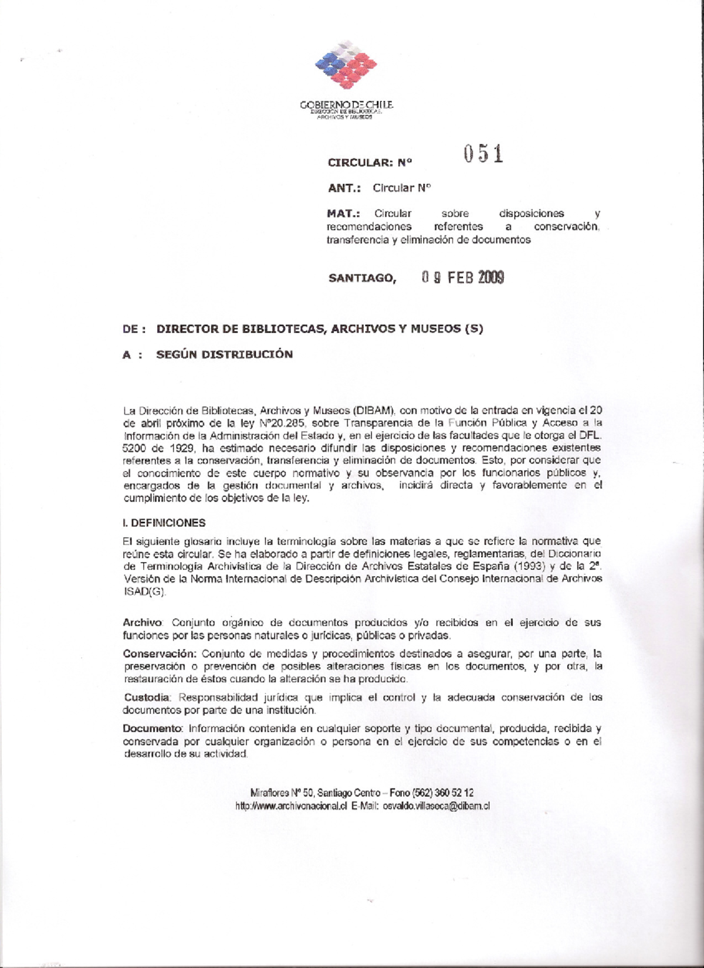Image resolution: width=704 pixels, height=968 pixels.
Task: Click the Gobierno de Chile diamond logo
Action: [346, 65]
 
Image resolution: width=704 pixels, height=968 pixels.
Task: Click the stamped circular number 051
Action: [483, 154]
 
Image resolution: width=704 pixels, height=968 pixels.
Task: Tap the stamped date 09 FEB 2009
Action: [462, 277]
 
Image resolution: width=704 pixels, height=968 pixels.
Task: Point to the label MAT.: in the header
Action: [343, 214]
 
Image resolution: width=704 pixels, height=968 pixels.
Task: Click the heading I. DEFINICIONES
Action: [164, 523]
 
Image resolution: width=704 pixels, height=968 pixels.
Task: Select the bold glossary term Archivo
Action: [143, 622]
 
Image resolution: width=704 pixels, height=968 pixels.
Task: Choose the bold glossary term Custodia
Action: [147, 698]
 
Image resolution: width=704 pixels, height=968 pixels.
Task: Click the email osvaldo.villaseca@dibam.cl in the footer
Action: [436, 806]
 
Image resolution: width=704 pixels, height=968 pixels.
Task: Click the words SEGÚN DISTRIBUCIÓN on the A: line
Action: [224, 354]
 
